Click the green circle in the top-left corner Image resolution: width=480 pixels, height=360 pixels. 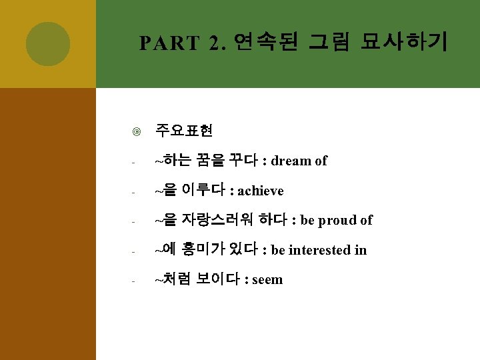click(48, 44)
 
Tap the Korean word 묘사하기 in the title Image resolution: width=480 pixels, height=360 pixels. click(404, 43)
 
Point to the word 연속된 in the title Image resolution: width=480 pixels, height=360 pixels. click(267, 43)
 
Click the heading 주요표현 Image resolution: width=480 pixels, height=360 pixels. click(184, 131)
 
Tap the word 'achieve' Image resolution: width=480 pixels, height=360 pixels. click(261, 191)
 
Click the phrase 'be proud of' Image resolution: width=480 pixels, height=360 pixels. click(337, 221)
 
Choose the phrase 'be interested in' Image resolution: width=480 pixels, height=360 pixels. click(319, 251)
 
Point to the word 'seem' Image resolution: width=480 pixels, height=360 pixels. click(267, 280)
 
